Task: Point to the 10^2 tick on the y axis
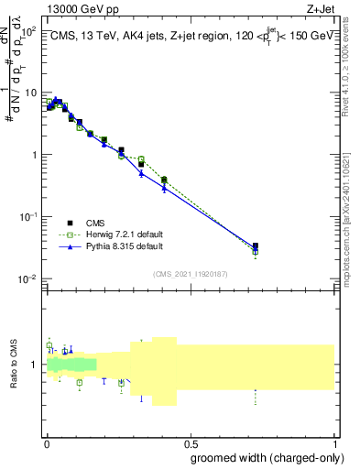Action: [x=29, y=30]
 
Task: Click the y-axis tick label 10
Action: [x=32, y=93]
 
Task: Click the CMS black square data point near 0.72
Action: [x=256, y=246]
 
